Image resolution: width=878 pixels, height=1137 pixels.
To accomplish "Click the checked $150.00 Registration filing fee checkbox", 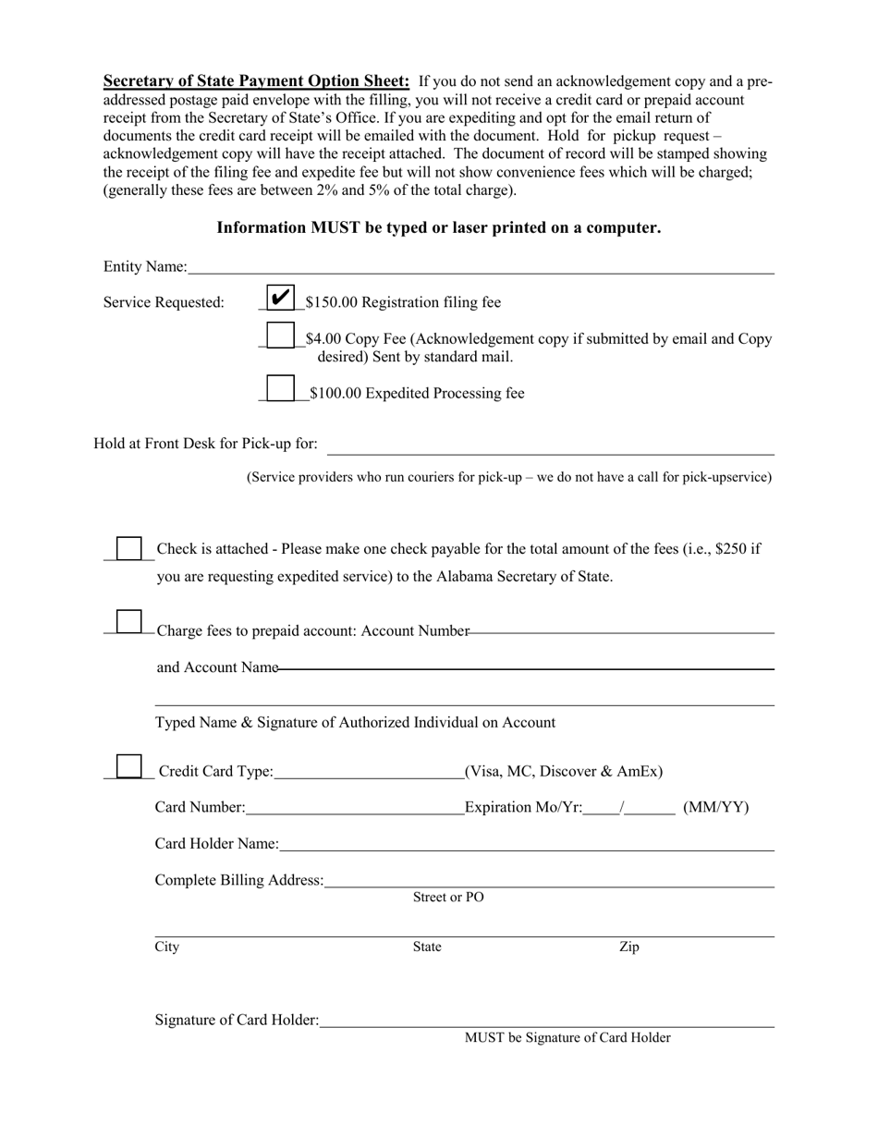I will point(280,298).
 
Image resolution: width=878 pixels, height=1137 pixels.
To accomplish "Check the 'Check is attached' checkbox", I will point(128,549).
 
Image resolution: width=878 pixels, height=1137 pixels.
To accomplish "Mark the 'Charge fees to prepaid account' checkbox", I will point(128,621).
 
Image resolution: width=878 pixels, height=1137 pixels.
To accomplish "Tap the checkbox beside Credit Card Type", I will point(128,766).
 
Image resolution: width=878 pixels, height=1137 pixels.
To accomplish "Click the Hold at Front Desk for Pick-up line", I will point(551,447).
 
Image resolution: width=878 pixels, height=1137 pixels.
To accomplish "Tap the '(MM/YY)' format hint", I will point(716,808).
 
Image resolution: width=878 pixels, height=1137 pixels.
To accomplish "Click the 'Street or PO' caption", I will point(448,898).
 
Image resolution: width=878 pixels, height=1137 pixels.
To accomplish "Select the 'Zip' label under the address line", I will point(628,947).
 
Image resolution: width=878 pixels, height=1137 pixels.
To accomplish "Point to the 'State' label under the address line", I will point(427,947).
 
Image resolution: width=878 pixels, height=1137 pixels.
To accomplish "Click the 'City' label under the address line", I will point(167,947).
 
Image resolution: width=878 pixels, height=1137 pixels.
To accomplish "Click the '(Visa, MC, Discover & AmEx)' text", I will point(564,772).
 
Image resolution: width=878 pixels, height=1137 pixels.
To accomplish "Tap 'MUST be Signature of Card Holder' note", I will point(567,1038).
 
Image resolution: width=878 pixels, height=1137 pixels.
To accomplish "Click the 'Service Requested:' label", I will point(164,302).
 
